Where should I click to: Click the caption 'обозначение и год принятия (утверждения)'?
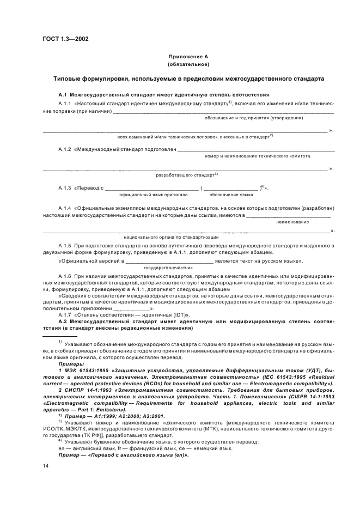(254, 118)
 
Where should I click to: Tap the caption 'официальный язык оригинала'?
(153, 194)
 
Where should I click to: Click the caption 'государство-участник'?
(163, 268)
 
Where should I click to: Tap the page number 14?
(46, 465)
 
